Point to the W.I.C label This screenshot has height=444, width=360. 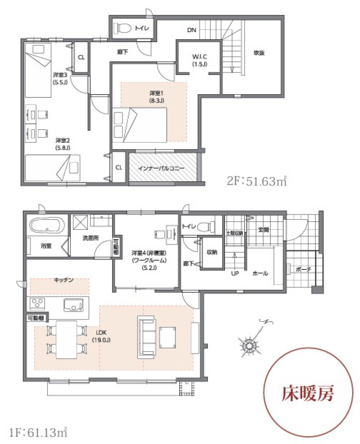[x=199, y=60]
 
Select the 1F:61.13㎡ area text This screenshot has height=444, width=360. [x=39, y=432]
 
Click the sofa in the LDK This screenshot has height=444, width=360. [x=147, y=336]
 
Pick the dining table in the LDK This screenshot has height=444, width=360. [x=66, y=339]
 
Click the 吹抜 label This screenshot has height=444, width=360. [x=259, y=53]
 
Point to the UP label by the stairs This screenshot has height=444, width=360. [x=235, y=273]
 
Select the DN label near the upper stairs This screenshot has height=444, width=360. [x=192, y=30]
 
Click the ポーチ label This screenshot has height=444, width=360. [x=303, y=269]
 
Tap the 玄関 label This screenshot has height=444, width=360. [x=264, y=230]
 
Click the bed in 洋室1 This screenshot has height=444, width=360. [x=140, y=125]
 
